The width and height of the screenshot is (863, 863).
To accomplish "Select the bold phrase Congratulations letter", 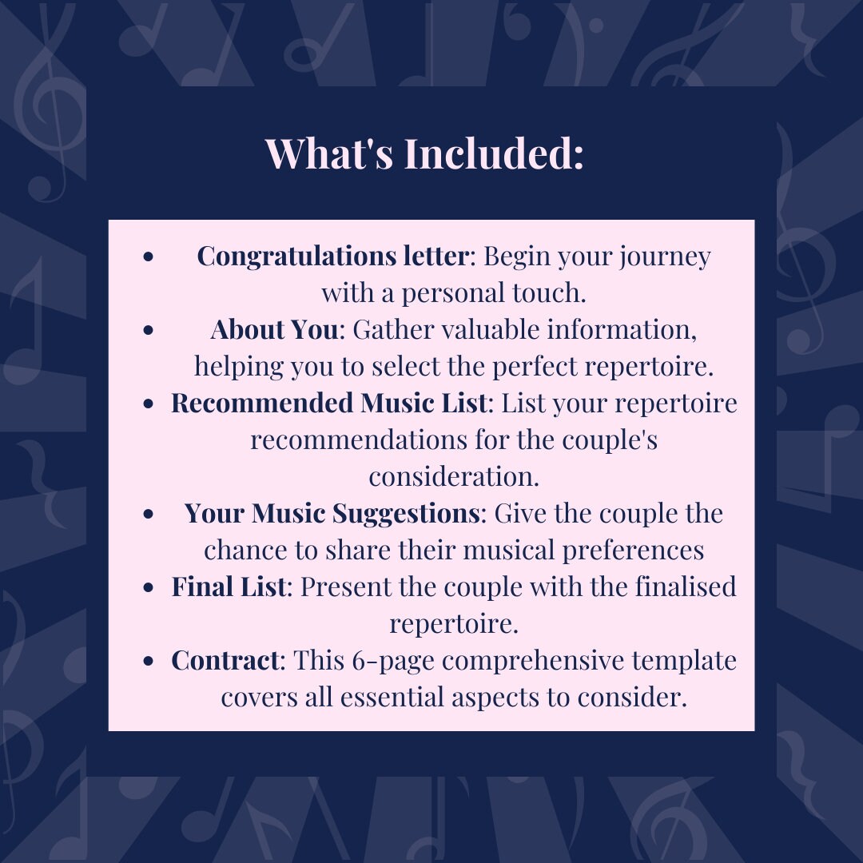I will (332, 257).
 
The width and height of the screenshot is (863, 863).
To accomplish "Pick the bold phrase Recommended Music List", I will (328, 404).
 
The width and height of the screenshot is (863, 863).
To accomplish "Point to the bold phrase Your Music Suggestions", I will (332, 513).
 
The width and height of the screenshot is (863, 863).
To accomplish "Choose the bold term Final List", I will (229, 587).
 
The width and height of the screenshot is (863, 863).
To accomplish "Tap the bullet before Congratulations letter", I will (148, 258).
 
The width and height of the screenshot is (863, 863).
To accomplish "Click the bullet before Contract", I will (148, 662).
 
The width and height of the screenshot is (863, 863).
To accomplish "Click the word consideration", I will (453, 477).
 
